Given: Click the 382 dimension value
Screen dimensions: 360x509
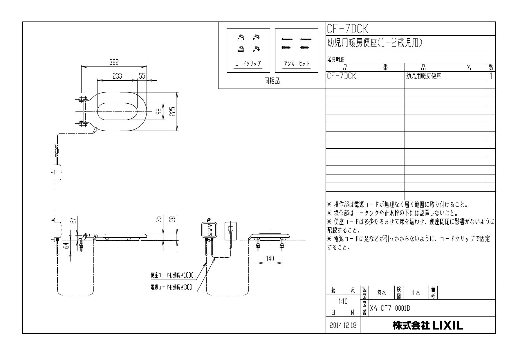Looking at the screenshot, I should [114, 62].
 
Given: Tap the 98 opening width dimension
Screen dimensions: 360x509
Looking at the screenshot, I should [159, 111].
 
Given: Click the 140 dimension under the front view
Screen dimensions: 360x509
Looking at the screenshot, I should [270, 259].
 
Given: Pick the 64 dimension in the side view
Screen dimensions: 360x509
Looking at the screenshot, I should [67, 246].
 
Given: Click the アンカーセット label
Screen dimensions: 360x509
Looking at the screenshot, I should [296, 64].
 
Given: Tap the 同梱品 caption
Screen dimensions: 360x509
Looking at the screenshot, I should [272, 81].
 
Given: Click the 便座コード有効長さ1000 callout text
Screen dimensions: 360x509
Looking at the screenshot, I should [172, 275].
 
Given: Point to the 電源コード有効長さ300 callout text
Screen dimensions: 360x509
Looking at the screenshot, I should [171, 287].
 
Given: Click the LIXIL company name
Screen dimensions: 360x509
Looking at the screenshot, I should [428, 325].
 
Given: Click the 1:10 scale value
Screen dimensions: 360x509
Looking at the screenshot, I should [343, 302].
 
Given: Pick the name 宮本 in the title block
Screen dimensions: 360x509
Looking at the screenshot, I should [382, 293].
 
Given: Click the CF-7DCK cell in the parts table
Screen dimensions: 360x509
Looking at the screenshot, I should [341, 76].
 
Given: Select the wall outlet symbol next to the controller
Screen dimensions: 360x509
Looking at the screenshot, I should [231, 231].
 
